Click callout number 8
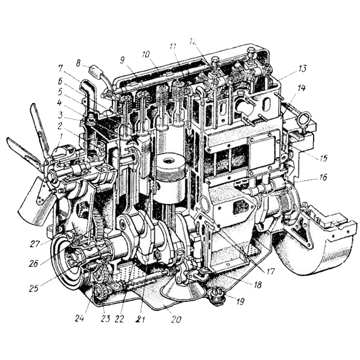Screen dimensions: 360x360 pos(79,63)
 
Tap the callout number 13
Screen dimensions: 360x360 pos(302,68)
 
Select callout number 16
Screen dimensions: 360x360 pos(322,177)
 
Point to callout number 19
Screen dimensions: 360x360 pos(240,301)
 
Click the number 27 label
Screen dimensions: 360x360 pos(35,244)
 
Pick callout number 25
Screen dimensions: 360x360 pos(34,288)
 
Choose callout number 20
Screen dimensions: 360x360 pos(176,319)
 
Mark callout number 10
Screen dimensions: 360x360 pos(146,55)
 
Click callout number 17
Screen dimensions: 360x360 pos(270,272)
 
